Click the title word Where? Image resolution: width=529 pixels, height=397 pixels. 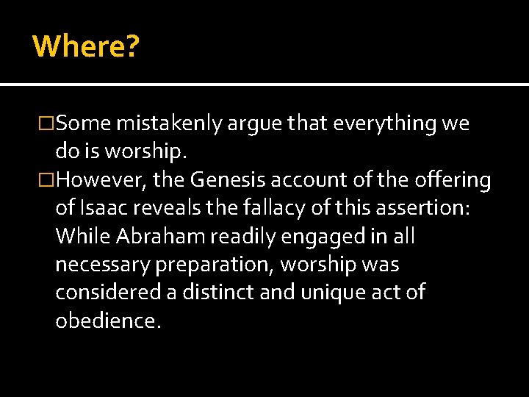point(86,46)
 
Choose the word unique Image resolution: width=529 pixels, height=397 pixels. point(334,292)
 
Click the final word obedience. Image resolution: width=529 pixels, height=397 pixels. point(107,320)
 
